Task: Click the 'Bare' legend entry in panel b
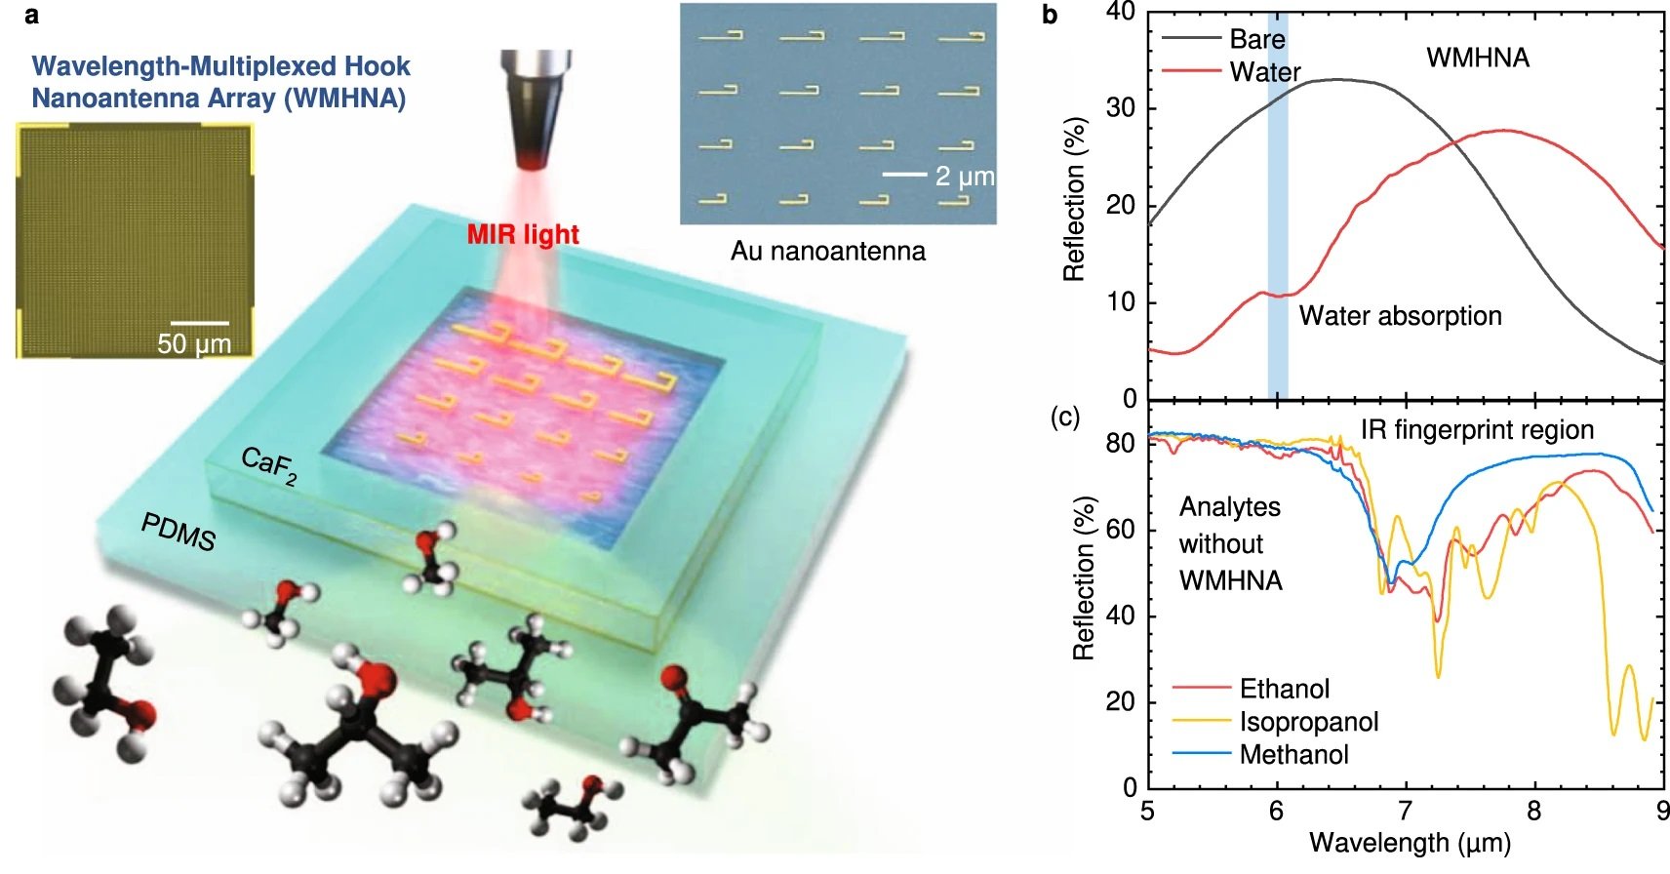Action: point(1256,39)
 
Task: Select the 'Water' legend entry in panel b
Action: point(1264,72)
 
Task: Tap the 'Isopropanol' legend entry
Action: point(1308,722)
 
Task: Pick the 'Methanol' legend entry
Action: point(1293,754)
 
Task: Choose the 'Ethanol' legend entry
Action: point(1284,689)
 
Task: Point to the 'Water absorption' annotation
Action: point(1400,316)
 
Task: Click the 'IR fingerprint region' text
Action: point(1477,430)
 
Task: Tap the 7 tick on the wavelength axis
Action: point(1405,812)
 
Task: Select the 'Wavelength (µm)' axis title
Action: point(1410,843)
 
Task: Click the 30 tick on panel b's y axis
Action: point(1122,107)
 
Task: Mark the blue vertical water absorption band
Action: point(1278,195)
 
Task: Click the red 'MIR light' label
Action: point(523,235)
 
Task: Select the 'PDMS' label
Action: point(179,532)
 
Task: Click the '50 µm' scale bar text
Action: point(194,344)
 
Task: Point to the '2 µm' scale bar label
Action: point(964,177)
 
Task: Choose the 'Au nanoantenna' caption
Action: point(828,252)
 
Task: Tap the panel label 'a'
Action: point(32,15)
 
